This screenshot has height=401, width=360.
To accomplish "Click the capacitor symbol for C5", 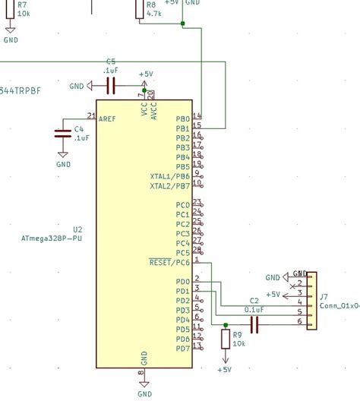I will (x=112, y=87).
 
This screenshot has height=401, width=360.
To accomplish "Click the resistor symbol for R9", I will (x=225, y=339).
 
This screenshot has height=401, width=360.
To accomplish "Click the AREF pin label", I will (x=109, y=119).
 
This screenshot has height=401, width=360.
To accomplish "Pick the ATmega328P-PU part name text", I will (x=52, y=238).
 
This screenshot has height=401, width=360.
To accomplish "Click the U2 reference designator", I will (x=77, y=229).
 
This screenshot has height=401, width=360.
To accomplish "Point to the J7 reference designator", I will (x=324, y=297).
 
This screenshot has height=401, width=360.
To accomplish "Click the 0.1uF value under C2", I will (x=254, y=310).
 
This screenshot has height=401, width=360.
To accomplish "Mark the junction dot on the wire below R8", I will (x=182, y=23).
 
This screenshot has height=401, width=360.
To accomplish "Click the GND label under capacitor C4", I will (x=63, y=163).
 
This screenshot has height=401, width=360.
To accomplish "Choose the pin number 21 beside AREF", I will (x=91, y=115).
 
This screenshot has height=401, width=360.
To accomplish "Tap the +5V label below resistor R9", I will (x=224, y=370).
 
